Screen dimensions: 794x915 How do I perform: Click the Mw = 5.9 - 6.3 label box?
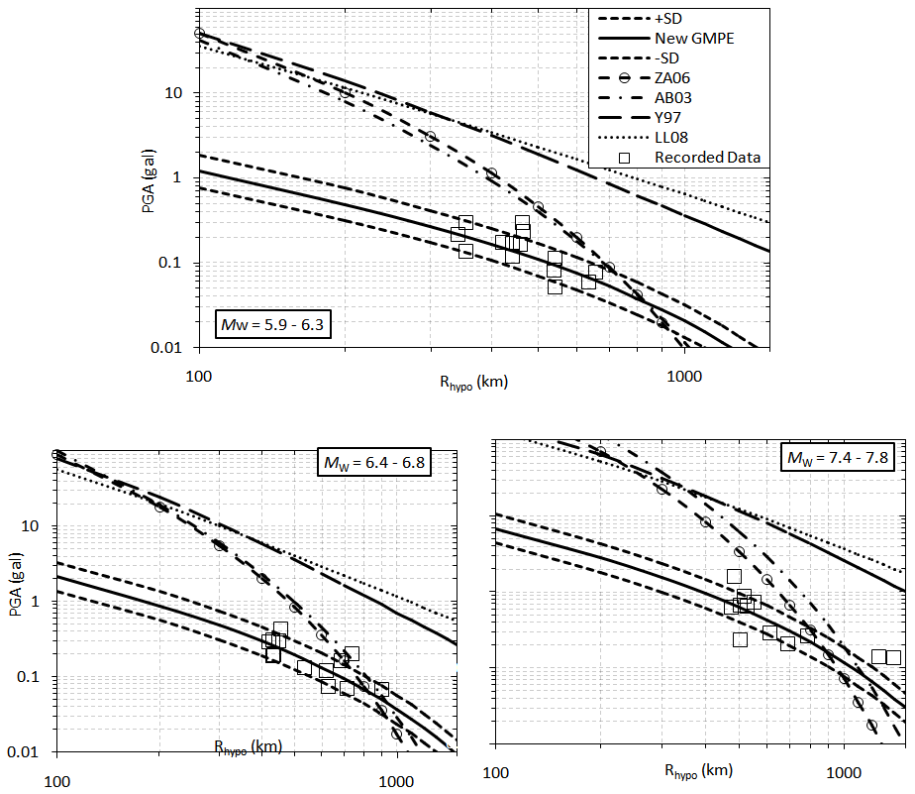coord(272,324)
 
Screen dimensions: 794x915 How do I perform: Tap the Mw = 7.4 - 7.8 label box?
coord(837,458)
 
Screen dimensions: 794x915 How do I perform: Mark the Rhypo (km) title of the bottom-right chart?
coord(698,771)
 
